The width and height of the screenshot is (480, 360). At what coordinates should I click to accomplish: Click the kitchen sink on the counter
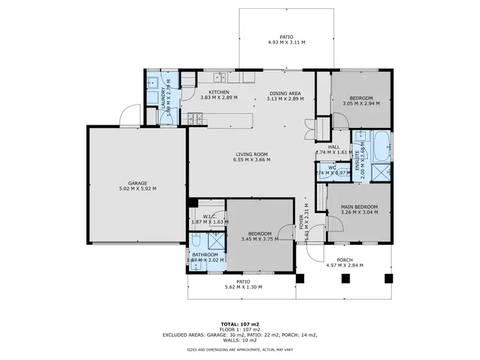tap(219, 77)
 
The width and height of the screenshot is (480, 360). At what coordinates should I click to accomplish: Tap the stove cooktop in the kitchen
tap(195, 118)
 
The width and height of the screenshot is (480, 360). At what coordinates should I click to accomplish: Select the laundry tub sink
tap(154, 82)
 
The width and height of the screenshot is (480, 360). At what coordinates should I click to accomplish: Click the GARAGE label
tap(137, 183)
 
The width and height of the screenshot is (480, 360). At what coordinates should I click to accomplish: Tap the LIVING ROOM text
tap(251, 154)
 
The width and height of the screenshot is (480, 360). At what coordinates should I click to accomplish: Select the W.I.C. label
tap(209, 217)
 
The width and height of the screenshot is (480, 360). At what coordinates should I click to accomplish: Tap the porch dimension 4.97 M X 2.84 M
tap(344, 265)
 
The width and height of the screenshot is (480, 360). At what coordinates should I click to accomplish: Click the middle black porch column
tap(346, 278)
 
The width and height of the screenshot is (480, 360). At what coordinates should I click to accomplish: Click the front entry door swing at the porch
tap(315, 251)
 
